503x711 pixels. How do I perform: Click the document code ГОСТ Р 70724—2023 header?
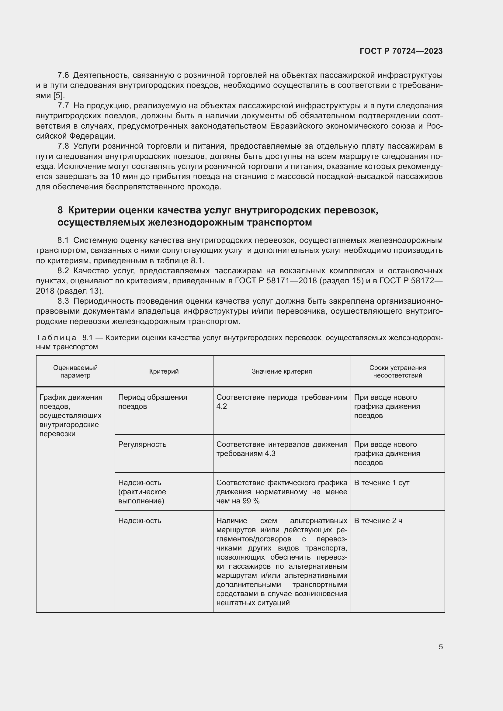coord(401,51)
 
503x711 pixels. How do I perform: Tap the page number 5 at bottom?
coord(440,647)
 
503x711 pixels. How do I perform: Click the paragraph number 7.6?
coord(63,75)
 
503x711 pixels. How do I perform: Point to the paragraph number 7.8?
coord(63,146)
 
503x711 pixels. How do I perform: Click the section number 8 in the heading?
coord(60,210)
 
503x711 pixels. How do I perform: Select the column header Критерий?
coord(164,371)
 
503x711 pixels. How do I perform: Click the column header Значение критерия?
coord(282,371)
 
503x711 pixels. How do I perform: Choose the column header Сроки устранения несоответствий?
coord(397,371)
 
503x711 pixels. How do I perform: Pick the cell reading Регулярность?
coord(142,444)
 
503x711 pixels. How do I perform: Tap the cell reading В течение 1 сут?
coord(382,483)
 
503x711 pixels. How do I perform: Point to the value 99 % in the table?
coord(251,501)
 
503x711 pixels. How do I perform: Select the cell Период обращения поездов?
coord(152,402)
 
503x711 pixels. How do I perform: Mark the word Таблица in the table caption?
coord(56,337)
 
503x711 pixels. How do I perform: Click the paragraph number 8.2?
coord(63,271)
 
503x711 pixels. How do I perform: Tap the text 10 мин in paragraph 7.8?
coord(118,177)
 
